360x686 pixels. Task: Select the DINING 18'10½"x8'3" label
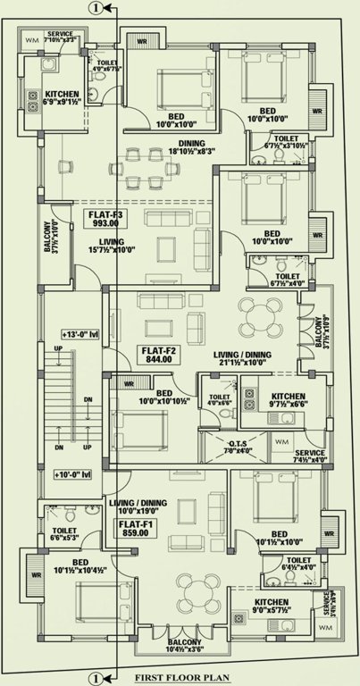point(191,148)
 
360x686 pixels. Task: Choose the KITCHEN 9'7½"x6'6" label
point(288,401)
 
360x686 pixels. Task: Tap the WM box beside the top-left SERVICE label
point(30,40)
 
